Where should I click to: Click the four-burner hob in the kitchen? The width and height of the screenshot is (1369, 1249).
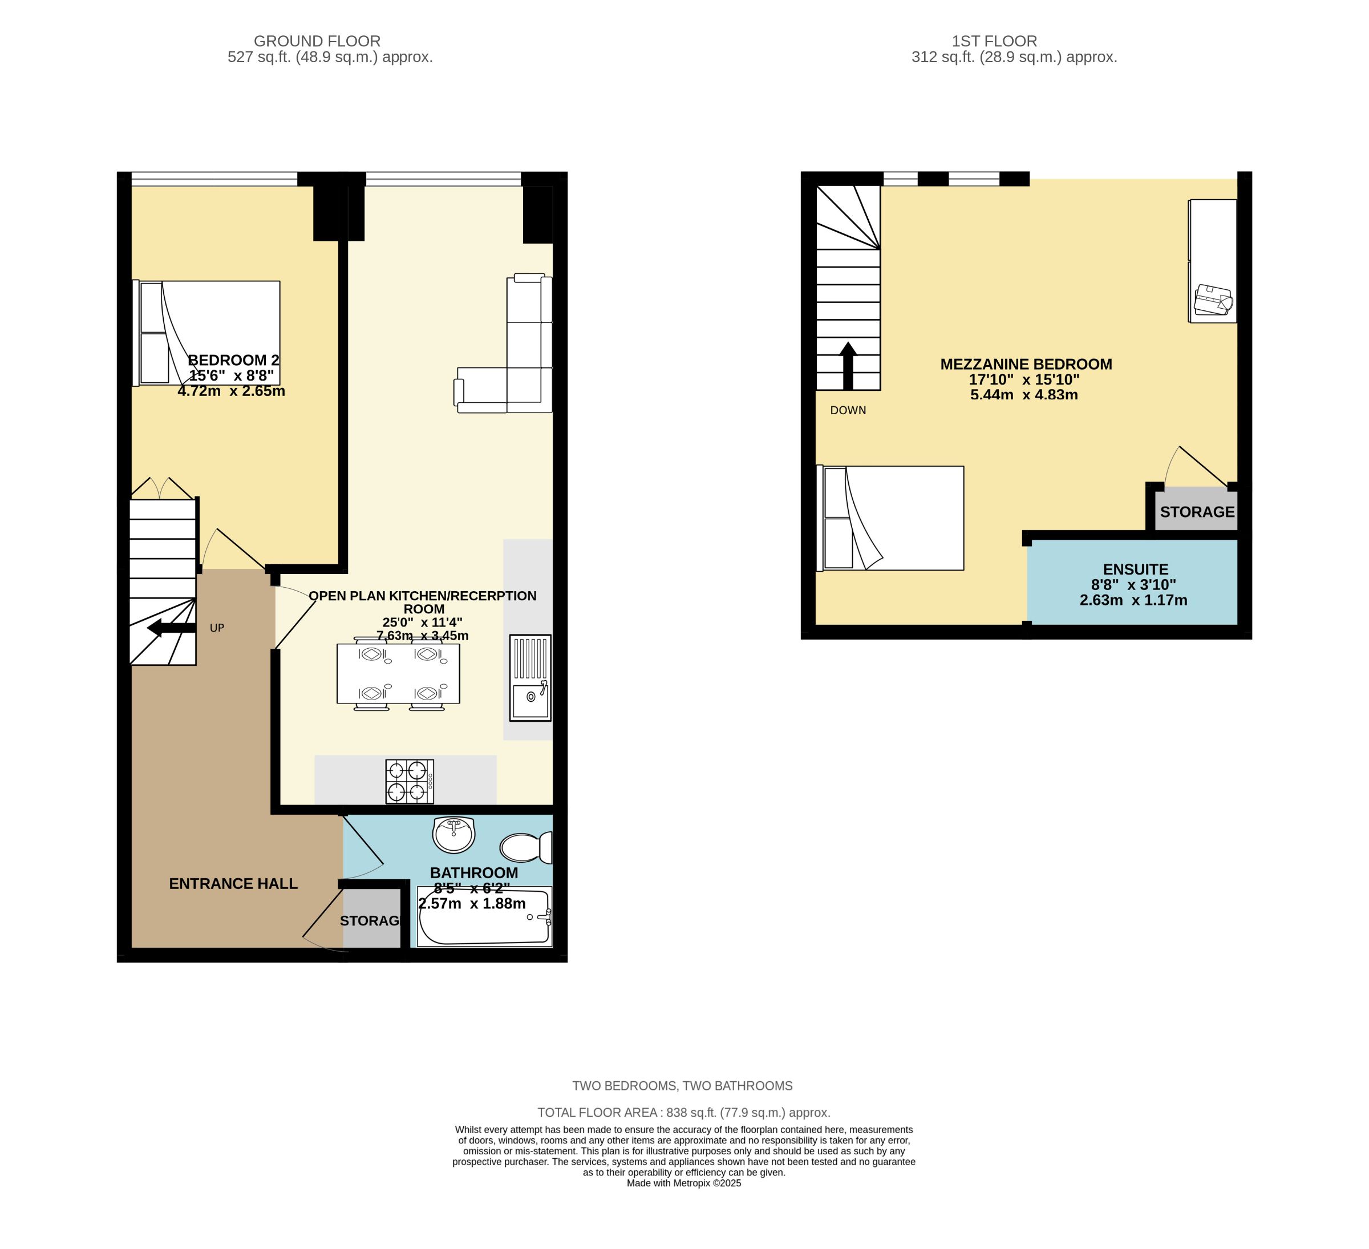(x=410, y=781)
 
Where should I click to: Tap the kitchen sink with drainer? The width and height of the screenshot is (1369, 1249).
(x=530, y=678)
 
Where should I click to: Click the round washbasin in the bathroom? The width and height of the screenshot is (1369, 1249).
(x=453, y=835)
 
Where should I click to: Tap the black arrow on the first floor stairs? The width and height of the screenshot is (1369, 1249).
(x=848, y=365)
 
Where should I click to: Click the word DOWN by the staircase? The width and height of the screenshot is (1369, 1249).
(x=848, y=410)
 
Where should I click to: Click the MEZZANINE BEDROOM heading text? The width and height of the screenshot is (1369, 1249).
(x=1026, y=364)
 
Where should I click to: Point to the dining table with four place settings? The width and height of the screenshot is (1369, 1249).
(x=398, y=674)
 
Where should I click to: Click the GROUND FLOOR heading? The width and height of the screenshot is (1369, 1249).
(x=317, y=42)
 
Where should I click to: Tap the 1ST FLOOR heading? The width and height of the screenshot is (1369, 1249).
(x=994, y=42)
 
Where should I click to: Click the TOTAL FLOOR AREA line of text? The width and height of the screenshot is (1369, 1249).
(x=684, y=1113)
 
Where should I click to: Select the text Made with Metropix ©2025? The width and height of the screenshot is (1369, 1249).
(x=684, y=1183)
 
